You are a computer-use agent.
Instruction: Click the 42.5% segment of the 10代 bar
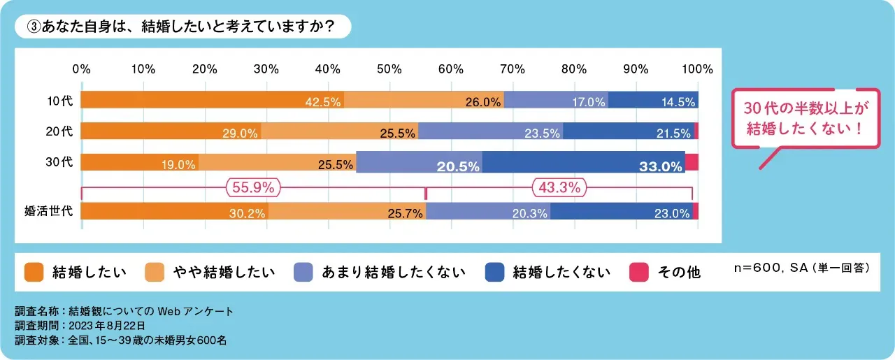(213, 100)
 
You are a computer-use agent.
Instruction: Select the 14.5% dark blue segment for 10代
(653, 100)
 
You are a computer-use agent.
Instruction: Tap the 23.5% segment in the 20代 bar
(490, 131)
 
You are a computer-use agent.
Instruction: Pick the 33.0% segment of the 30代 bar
(583, 162)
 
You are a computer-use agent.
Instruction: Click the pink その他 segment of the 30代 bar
(691, 162)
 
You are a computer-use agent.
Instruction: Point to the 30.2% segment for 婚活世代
(175, 212)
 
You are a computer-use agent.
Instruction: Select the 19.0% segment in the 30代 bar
(140, 162)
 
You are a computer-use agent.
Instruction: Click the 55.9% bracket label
(253, 187)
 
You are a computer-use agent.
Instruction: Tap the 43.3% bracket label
(559, 187)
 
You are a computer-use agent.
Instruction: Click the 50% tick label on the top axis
(389, 69)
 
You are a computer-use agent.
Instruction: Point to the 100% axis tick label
(697, 69)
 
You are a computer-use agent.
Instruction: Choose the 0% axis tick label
(82, 69)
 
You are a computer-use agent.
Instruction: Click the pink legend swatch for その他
(639, 272)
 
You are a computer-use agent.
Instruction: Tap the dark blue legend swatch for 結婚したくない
(494, 272)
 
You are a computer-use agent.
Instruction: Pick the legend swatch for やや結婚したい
(155, 272)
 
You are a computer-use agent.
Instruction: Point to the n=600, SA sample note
(802, 268)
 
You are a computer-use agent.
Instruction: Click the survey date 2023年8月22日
(106, 325)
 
